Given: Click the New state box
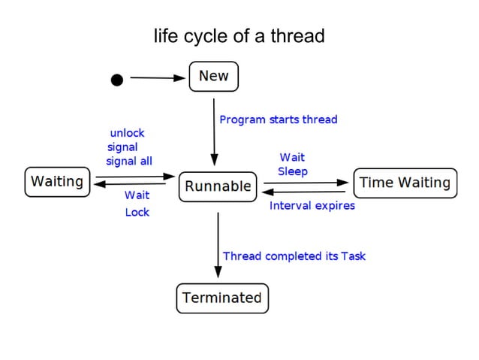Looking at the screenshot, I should [x=213, y=77].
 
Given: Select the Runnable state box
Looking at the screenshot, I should [x=218, y=186].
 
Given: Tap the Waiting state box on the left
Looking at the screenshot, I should [x=57, y=182].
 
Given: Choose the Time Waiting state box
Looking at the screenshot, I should [x=405, y=183].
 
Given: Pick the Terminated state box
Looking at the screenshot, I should [x=222, y=298].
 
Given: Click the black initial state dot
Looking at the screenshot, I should [x=116, y=80].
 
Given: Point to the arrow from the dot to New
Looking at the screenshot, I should [x=158, y=77].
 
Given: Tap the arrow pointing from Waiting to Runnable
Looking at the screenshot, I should [x=134, y=177].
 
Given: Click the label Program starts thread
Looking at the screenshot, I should [x=278, y=119].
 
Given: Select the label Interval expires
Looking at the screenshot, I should [x=312, y=205].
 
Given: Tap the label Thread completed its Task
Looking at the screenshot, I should [x=294, y=256].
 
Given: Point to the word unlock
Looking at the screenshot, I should [x=127, y=133].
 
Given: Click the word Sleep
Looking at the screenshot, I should [x=293, y=171].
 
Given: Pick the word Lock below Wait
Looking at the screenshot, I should [x=137, y=213].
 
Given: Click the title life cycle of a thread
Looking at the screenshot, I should [x=239, y=35].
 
